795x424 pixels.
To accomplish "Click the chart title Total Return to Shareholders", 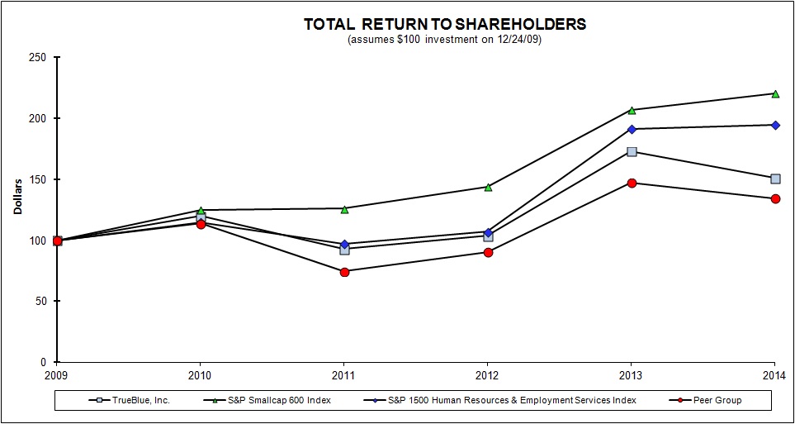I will click(x=445, y=24).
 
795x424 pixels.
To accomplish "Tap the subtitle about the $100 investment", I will click(x=445, y=40).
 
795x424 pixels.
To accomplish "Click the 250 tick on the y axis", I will click(x=37, y=58).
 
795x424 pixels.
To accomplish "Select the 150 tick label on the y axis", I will click(x=37, y=179).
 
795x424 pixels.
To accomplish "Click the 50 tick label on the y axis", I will click(x=40, y=301).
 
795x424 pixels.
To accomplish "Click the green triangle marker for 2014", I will click(x=775, y=93).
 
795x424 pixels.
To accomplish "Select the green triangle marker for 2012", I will click(x=488, y=187).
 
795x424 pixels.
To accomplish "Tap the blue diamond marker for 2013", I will click(x=632, y=129).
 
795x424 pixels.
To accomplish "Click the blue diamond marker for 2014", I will click(x=775, y=125).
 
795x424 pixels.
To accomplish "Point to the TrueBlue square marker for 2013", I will click(x=632, y=151).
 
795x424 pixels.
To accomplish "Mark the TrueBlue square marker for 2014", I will click(x=775, y=179).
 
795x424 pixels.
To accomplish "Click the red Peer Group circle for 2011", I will click(x=344, y=272).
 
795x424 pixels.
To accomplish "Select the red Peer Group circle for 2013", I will click(x=632, y=183).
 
